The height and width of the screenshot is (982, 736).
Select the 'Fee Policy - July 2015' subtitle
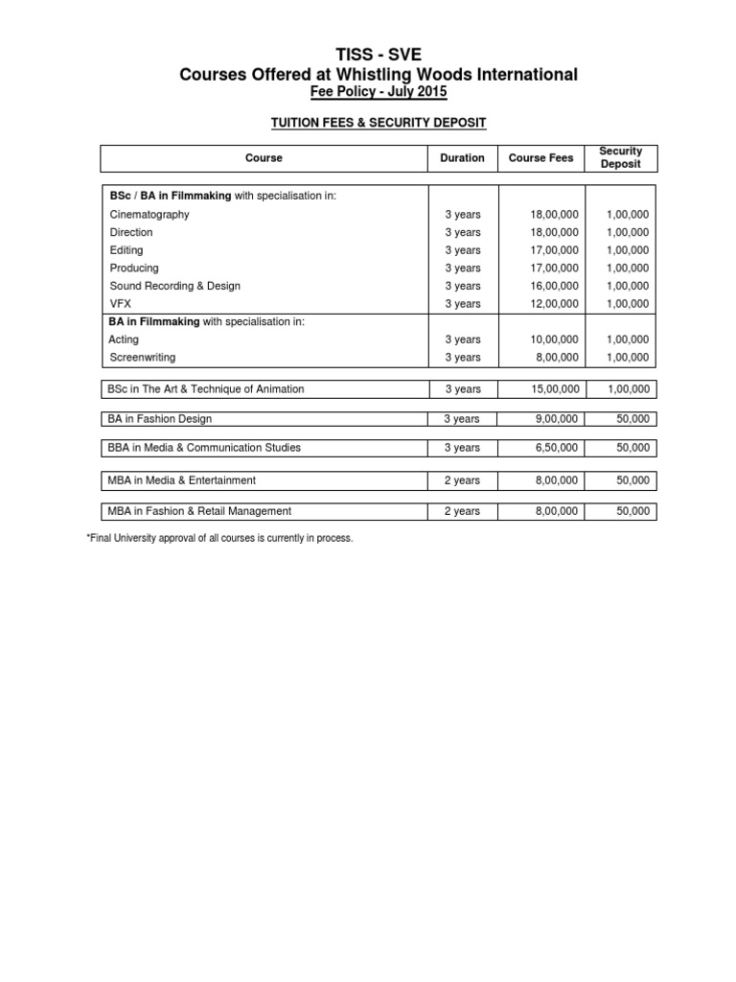pyautogui.click(x=379, y=91)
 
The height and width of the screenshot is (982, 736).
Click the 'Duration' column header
pyautogui.click(x=462, y=158)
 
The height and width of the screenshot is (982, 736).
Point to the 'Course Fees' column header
pyautogui.click(x=540, y=158)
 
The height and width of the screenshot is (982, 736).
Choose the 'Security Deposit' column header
pyautogui.click(x=620, y=158)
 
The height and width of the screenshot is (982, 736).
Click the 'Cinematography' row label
pyautogui.click(x=149, y=215)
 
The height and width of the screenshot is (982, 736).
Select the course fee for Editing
pyautogui.click(x=554, y=250)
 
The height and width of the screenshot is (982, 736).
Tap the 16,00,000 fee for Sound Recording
pyautogui.click(x=554, y=286)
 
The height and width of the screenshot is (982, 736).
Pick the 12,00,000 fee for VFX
pyautogui.click(x=554, y=304)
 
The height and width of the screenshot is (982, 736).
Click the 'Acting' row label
pyautogui.click(x=125, y=339)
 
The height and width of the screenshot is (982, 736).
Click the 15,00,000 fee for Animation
pyautogui.click(x=554, y=389)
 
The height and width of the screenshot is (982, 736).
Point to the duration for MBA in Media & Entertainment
pyautogui.click(x=462, y=480)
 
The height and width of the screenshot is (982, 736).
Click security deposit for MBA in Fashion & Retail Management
pyautogui.click(x=633, y=512)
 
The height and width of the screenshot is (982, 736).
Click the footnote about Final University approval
pyautogui.click(x=220, y=539)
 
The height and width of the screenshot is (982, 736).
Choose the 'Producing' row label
pyautogui.click(x=134, y=269)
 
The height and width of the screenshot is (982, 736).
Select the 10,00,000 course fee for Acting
pyautogui.click(x=554, y=339)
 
